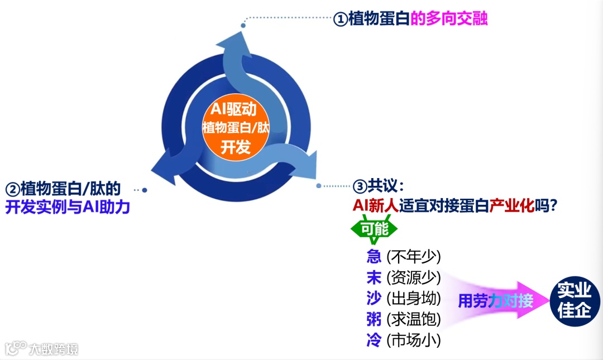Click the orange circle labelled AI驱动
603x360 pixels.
(235, 127)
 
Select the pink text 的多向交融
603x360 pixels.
(449, 19)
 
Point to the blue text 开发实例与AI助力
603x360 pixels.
(68, 208)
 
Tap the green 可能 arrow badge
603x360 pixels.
(374, 228)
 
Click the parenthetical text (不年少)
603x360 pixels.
(414, 257)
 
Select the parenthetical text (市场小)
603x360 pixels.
(414, 339)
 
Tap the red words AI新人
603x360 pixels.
(375, 205)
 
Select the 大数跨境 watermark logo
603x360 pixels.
(42, 349)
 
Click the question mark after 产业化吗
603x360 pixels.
(554, 205)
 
